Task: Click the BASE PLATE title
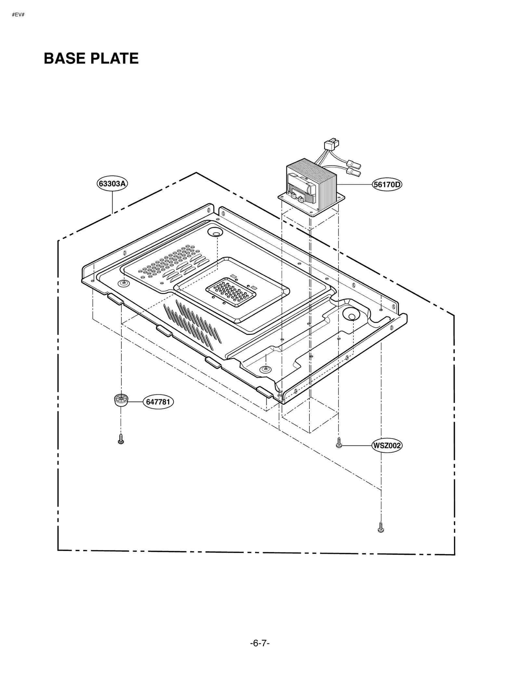click(91, 58)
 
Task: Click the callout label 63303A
click(112, 184)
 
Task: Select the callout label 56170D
click(387, 185)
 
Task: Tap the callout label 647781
click(158, 402)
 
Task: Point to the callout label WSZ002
click(386, 446)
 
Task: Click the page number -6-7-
click(260, 634)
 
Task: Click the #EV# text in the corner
click(18, 15)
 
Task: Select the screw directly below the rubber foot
click(121, 439)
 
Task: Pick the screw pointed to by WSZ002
click(339, 443)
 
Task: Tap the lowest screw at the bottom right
click(381, 527)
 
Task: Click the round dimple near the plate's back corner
click(214, 232)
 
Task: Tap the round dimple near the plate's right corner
click(350, 314)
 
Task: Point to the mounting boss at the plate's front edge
click(266, 369)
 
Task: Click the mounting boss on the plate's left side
click(123, 283)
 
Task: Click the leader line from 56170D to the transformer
click(354, 185)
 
